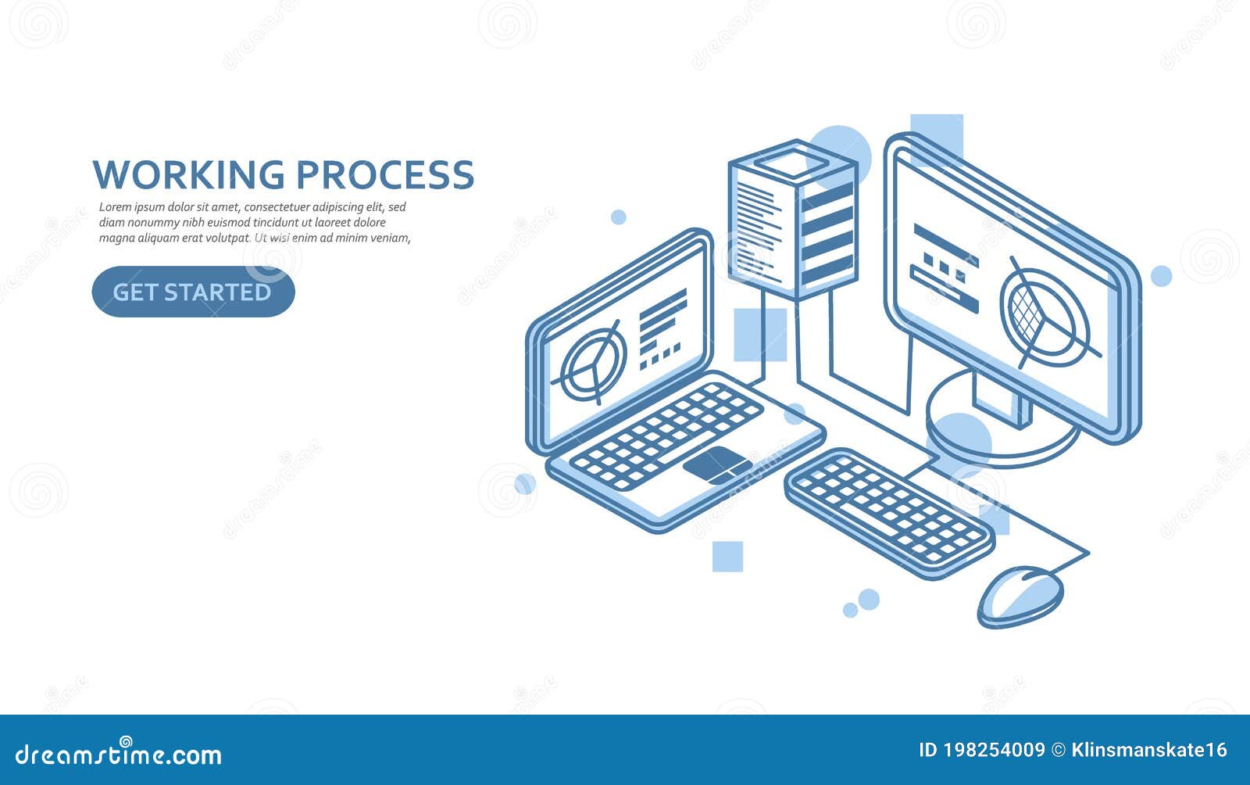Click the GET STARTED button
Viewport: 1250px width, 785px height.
tap(193, 292)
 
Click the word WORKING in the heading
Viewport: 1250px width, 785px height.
tap(188, 174)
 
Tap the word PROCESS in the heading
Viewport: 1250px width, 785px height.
tap(385, 174)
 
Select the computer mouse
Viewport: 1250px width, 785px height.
tap(1020, 596)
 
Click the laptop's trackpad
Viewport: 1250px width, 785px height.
tap(717, 465)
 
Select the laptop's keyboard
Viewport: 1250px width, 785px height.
tap(666, 435)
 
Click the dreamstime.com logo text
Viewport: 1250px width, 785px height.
tap(119, 755)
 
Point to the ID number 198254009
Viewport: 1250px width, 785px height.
tap(994, 750)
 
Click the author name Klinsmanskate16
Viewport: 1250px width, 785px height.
tap(1149, 750)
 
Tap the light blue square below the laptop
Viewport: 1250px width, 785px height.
tap(727, 557)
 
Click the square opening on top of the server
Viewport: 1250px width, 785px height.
tap(792, 164)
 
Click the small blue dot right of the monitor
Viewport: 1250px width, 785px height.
tap(1162, 276)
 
